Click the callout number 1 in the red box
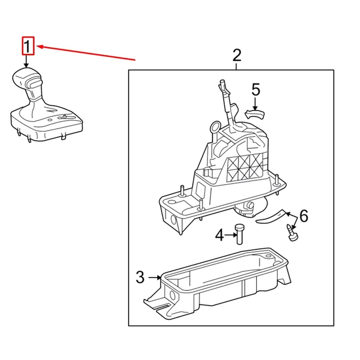[x=27, y=46]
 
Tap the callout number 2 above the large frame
[x=237, y=55]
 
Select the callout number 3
[x=140, y=277]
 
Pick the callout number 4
[x=220, y=235]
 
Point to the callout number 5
[x=256, y=90]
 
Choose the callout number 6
[x=304, y=216]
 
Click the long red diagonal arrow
[x=86, y=53]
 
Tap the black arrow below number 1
[x=27, y=61]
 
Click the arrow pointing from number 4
[x=230, y=235]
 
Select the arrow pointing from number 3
[x=155, y=278]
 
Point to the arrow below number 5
[x=255, y=104]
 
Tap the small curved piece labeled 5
[x=254, y=114]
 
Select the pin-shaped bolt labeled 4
[x=239, y=234]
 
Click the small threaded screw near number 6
[x=291, y=233]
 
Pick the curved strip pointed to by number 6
[x=271, y=216]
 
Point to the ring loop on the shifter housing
[x=216, y=126]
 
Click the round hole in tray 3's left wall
[x=172, y=295]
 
